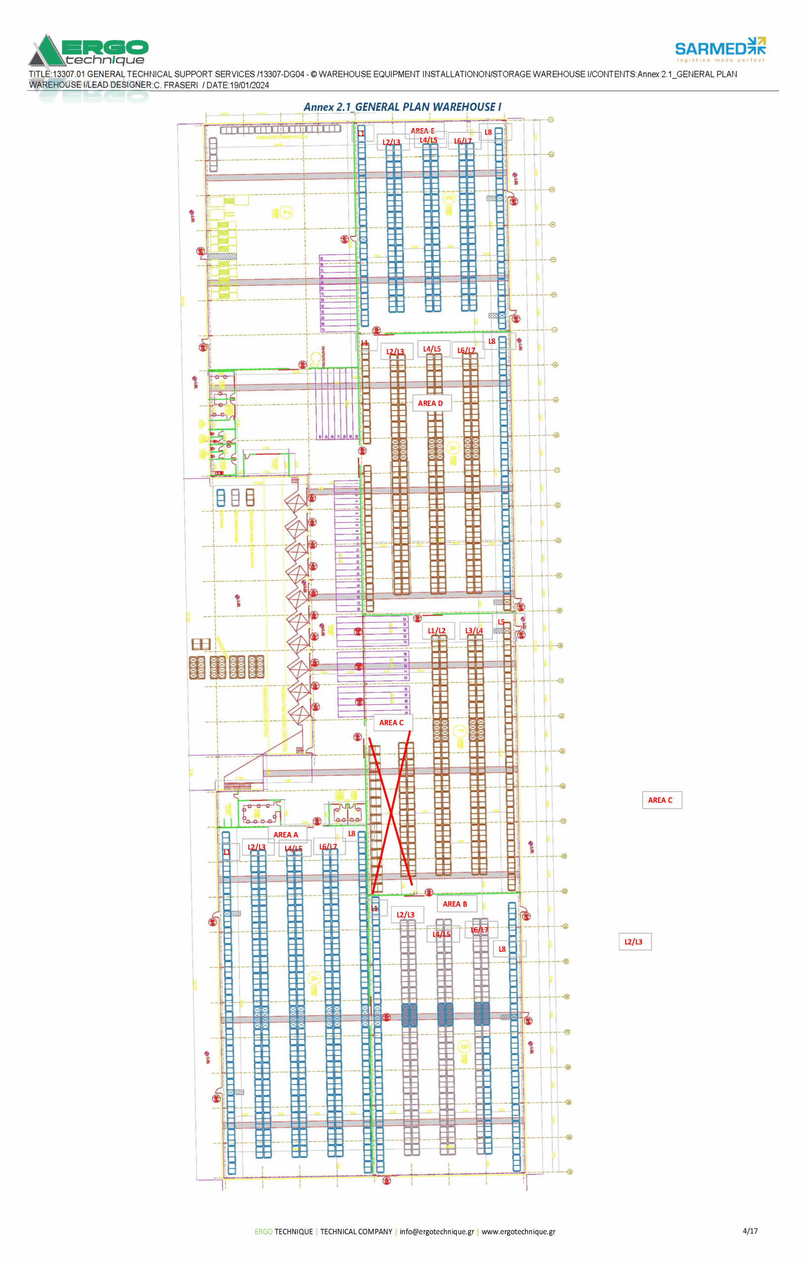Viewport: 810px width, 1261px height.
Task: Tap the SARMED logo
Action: click(719, 49)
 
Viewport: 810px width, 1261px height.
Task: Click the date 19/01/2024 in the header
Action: click(249, 85)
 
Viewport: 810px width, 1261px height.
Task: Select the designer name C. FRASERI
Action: click(176, 85)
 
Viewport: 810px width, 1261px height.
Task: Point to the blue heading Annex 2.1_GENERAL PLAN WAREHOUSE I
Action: click(402, 107)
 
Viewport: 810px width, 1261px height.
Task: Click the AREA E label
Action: click(422, 131)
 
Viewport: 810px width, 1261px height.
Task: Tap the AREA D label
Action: click(430, 403)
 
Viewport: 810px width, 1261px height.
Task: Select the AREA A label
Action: click(285, 834)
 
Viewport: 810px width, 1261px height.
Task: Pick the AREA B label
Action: click(454, 904)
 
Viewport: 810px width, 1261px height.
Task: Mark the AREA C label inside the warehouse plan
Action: click(391, 722)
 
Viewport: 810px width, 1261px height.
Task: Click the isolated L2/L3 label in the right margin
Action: click(633, 942)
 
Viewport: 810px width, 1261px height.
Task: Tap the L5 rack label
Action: click(501, 622)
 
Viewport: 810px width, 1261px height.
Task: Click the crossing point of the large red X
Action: click(391, 814)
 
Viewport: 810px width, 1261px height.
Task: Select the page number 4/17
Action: click(750, 1231)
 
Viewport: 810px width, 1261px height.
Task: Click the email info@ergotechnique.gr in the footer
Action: click(437, 1231)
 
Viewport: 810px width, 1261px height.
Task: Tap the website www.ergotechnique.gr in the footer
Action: click(518, 1231)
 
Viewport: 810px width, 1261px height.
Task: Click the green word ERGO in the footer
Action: click(263, 1231)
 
